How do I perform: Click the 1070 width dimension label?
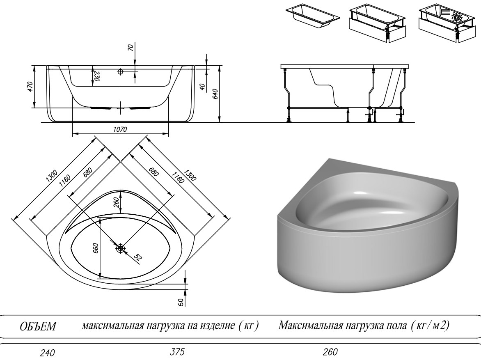tap(120, 130)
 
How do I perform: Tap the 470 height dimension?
tap(30, 87)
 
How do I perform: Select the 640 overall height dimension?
tap(215, 93)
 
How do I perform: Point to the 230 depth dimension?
tap(96, 76)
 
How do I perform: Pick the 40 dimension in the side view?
tap(202, 87)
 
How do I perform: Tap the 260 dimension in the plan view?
tap(116, 202)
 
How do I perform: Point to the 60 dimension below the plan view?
tap(181, 302)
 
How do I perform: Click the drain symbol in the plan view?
tap(120, 248)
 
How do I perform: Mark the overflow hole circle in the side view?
tap(120, 72)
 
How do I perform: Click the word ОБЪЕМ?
tap(38, 326)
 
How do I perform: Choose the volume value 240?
tap(48, 353)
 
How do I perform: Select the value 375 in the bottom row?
tap(177, 352)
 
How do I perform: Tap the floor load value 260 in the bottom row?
tap(330, 352)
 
